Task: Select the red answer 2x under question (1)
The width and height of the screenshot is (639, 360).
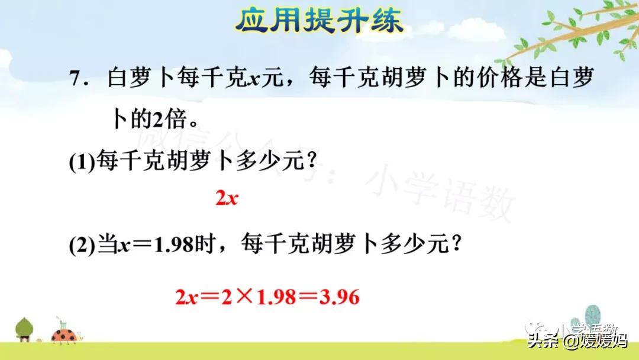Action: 226,198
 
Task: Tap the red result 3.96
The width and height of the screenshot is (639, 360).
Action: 339,296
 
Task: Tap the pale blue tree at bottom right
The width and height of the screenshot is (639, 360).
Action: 593,317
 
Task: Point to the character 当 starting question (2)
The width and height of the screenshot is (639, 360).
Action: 106,246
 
